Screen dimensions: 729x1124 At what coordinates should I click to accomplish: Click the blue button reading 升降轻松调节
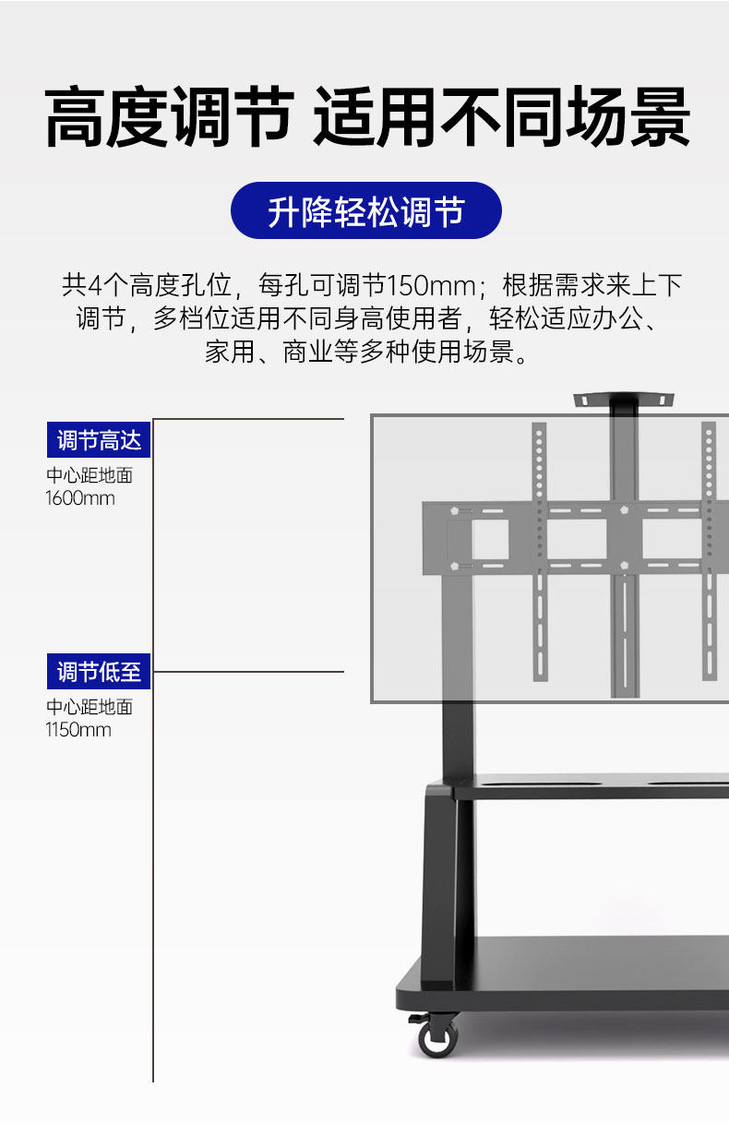click(365, 211)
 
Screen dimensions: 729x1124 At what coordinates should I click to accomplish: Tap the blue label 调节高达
click(99, 440)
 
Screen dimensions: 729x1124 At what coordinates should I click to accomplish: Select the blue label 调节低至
click(99, 671)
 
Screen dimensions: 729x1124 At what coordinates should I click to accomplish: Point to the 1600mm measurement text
click(80, 498)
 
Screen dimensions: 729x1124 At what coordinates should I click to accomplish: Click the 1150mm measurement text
click(78, 730)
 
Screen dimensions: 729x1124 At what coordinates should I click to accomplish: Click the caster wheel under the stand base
click(436, 1037)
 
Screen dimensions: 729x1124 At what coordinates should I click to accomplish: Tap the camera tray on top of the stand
click(623, 400)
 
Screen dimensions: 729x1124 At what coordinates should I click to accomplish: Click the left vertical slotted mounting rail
click(539, 554)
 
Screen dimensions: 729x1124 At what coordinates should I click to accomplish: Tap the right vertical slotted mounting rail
click(709, 554)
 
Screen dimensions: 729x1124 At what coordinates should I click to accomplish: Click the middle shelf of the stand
click(591, 789)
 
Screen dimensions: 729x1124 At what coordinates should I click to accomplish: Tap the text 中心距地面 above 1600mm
click(90, 476)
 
